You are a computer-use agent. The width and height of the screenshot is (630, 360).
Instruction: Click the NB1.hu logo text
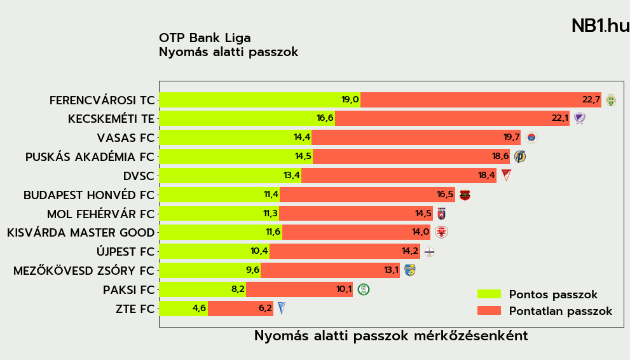tap(599, 26)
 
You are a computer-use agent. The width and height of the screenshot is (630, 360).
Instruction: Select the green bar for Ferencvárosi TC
tap(259, 100)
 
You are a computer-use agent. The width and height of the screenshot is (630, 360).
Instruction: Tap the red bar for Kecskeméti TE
tap(452, 118)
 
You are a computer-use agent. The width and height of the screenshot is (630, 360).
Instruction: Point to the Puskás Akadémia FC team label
tap(90, 157)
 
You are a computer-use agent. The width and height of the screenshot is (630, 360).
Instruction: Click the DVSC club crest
tap(506, 175)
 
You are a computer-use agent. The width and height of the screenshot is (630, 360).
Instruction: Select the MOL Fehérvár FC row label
tap(100, 214)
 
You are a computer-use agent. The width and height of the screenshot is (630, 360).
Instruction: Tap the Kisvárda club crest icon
tap(441, 232)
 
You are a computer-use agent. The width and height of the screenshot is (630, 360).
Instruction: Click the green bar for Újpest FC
tap(214, 251)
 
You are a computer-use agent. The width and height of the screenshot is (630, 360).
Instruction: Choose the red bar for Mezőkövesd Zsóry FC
tap(330, 270)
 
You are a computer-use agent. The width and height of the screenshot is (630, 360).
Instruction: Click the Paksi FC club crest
tap(364, 289)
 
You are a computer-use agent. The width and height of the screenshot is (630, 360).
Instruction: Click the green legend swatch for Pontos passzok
tap(489, 294)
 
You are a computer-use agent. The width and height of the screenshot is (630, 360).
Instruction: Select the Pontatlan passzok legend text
tap(560, 311)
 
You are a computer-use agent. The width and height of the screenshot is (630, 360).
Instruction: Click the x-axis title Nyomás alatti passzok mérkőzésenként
tap(391, 336)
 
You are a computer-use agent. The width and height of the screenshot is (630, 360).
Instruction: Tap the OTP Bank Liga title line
tap(205, 38)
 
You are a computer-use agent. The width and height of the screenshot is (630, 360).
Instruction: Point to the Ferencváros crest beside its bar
tap(610, 100)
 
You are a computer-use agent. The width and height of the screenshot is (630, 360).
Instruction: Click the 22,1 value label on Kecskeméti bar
tap(560, 118)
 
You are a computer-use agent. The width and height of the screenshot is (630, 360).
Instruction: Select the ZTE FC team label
tap(135, 309)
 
